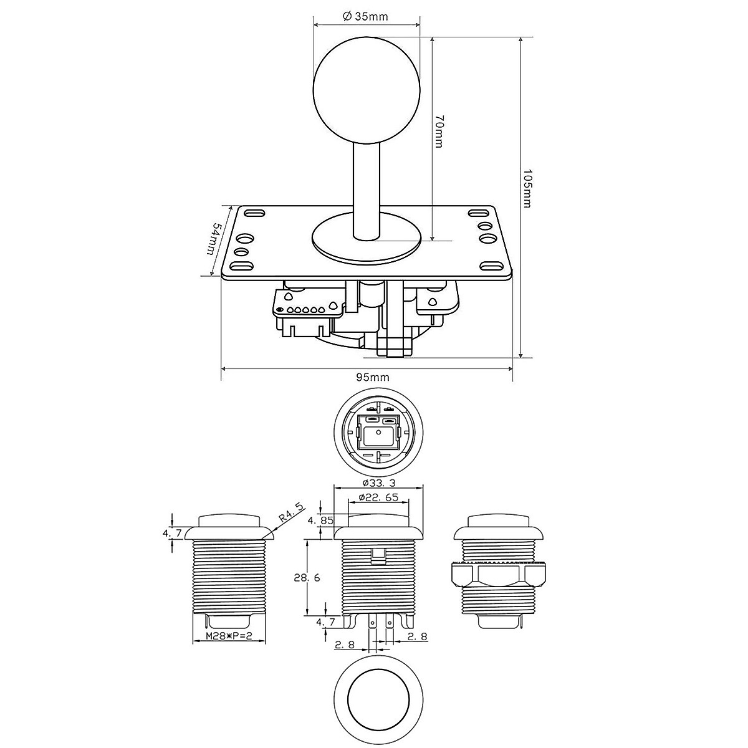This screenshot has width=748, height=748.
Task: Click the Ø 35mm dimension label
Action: (x=365, y=16)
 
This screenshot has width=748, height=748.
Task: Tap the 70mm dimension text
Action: (x=439, y=131)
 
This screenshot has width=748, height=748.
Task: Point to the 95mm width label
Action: (x=373, y=377)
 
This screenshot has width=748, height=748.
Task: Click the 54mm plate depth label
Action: (x=214, y=238)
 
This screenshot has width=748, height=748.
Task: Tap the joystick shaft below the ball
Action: (x=367, y=190)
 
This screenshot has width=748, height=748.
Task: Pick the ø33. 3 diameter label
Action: (x=379, y=483)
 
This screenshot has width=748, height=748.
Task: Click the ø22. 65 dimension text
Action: (x=379, y=497)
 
